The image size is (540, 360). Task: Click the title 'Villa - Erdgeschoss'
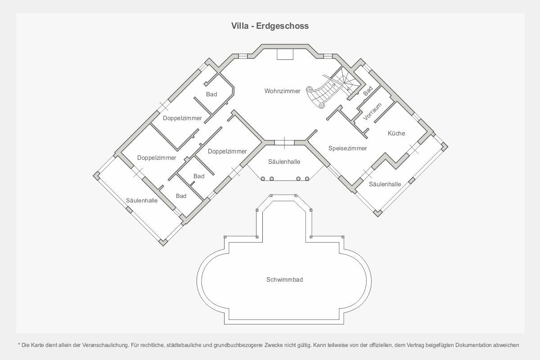point(270,26)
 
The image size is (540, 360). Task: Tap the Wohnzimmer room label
point(282,91)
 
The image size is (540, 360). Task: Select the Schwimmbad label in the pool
point(284,279)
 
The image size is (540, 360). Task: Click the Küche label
point(396,133)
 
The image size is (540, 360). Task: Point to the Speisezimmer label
point(347,148)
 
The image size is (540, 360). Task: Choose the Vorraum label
point(372,112)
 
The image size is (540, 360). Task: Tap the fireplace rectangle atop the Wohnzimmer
point(285,54)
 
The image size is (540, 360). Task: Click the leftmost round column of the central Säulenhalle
point(263,179)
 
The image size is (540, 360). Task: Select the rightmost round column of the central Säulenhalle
point(307,179)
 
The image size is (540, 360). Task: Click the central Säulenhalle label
point(284,162)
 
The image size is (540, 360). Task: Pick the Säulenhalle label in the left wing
point(142,200)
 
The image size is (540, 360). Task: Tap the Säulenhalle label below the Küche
point(385,184)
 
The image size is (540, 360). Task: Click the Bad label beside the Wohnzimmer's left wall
point(211,94)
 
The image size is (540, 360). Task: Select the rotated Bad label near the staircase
point(368,90)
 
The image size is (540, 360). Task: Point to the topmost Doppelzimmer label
point(182,118)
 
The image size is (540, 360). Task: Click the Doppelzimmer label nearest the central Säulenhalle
point(227,151)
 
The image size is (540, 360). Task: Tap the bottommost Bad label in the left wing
point(181,196)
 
